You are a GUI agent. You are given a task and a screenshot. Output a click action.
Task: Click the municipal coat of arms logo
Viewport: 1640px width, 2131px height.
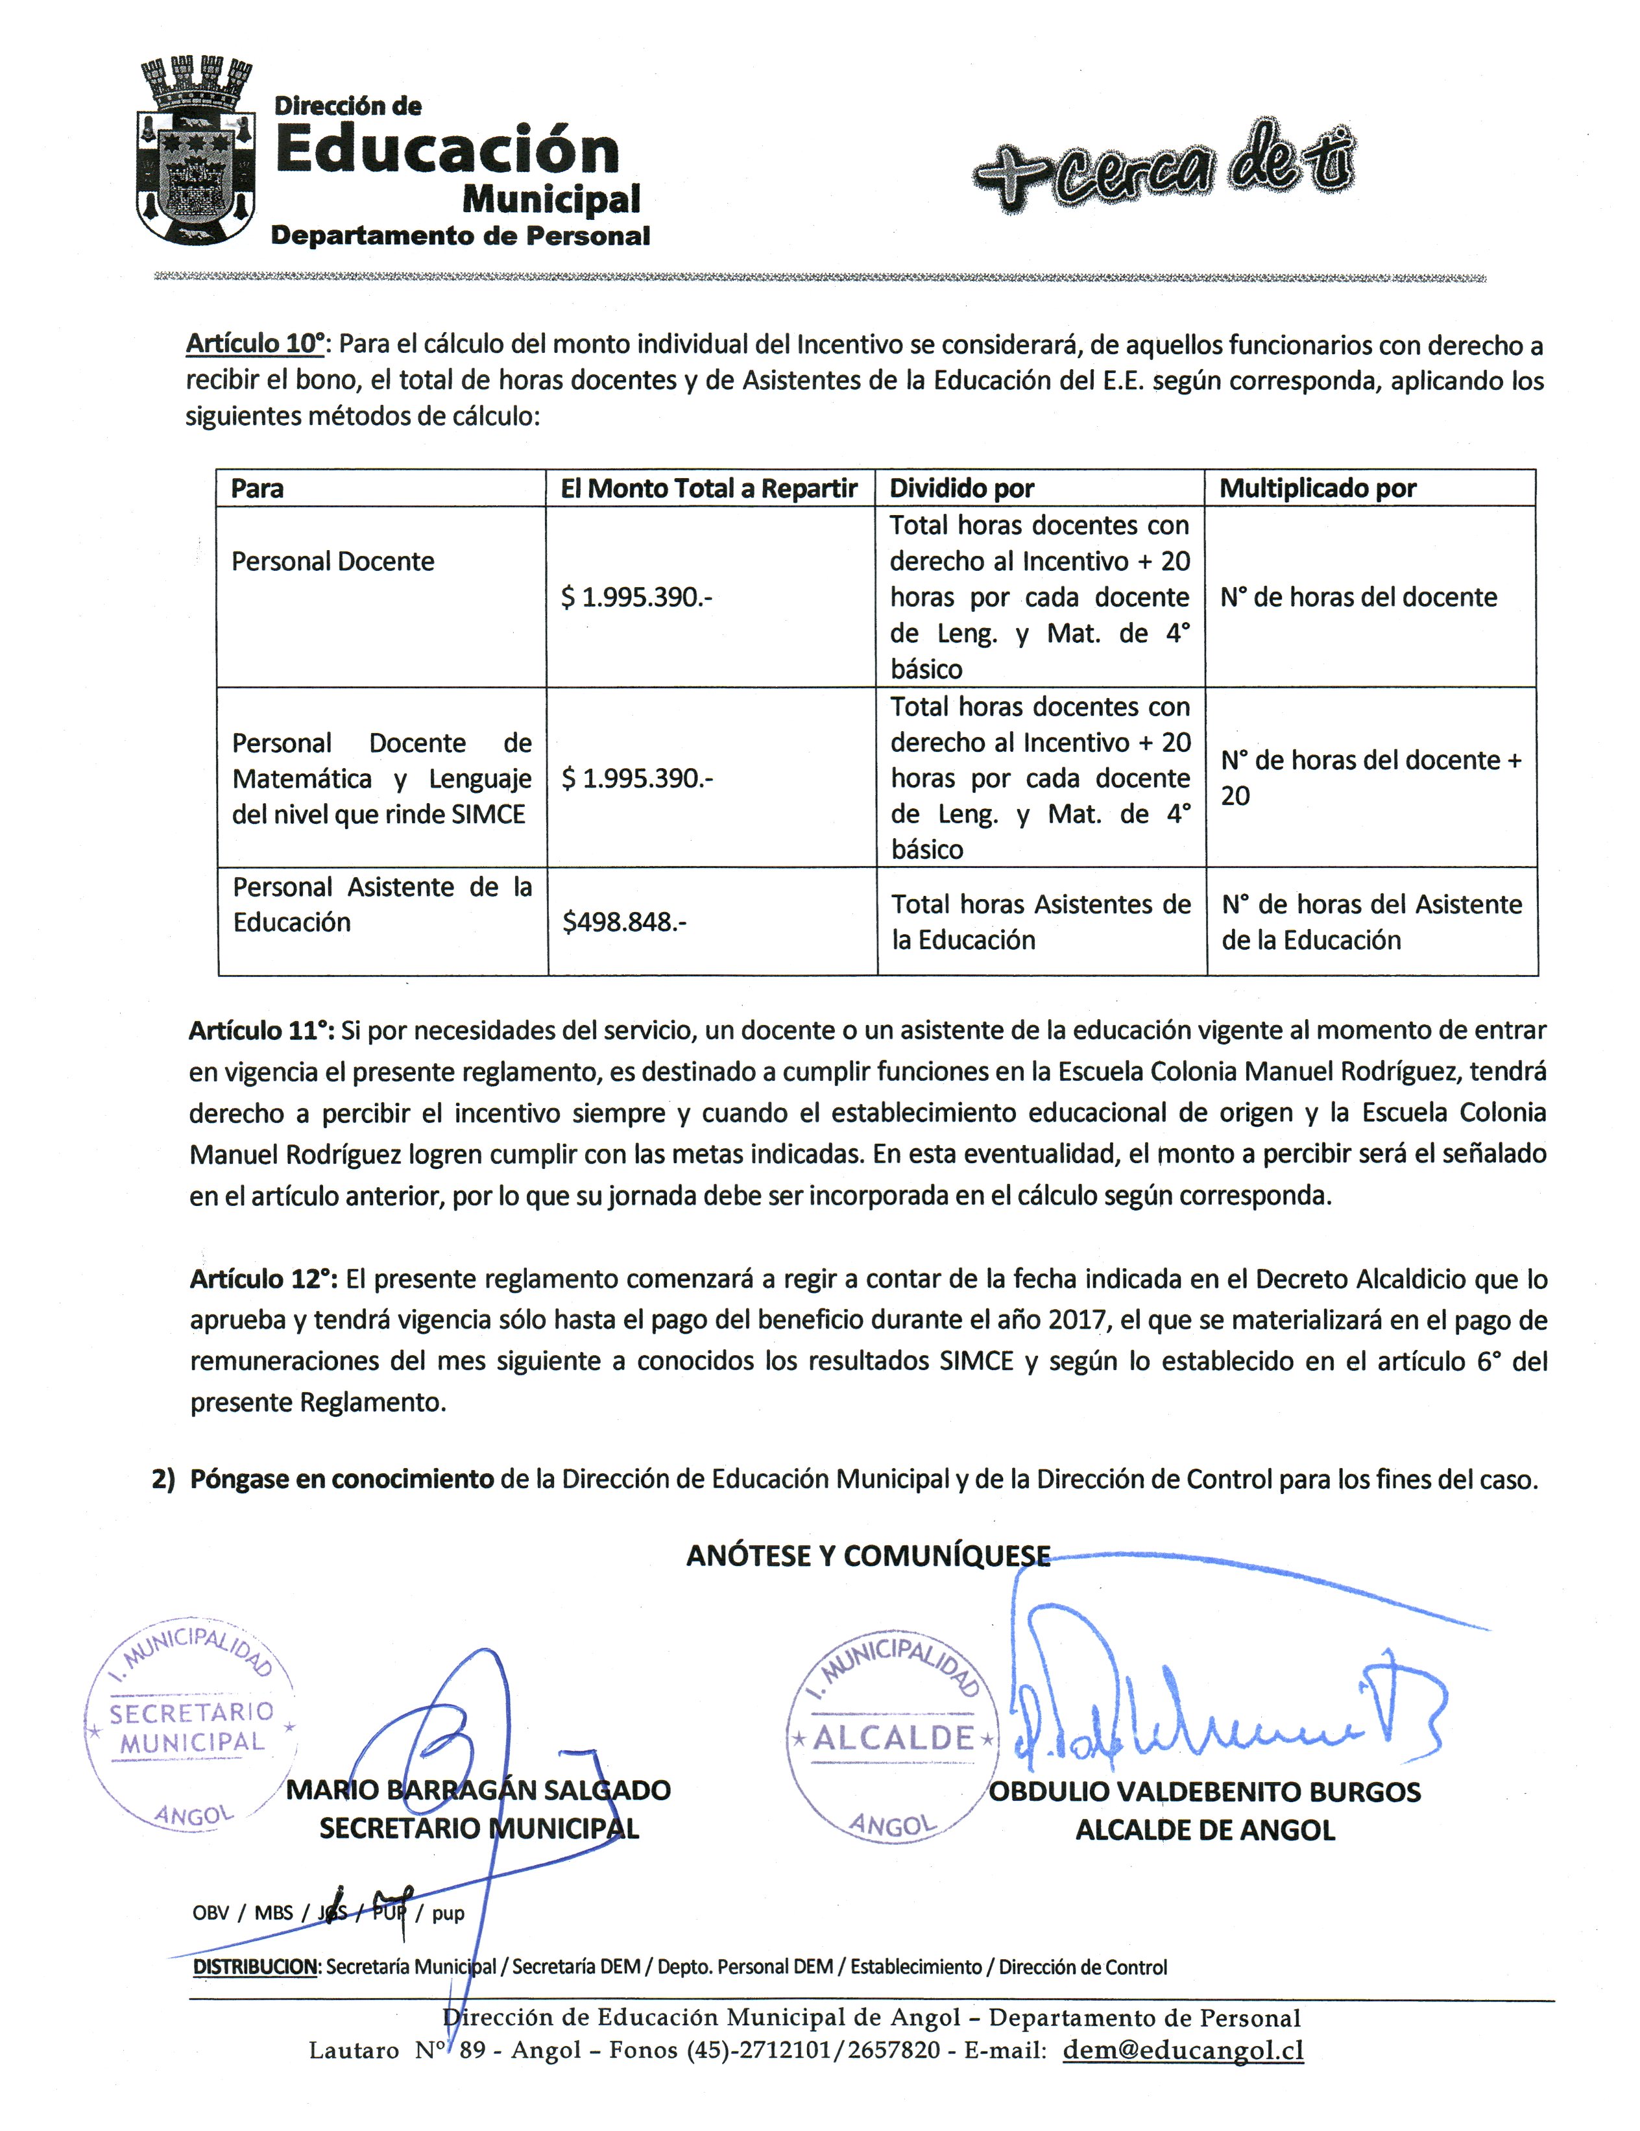coord(195,150)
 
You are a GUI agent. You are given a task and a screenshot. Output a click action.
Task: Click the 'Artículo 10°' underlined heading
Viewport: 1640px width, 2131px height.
coord(256,343)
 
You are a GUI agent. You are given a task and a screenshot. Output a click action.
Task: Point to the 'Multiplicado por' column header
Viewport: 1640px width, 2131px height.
coord(1317,488)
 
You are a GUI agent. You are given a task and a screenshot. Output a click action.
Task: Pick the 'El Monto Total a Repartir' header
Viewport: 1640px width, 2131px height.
coord(708,488)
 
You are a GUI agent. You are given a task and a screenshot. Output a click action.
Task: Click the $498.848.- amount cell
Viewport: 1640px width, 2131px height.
coord(624,921)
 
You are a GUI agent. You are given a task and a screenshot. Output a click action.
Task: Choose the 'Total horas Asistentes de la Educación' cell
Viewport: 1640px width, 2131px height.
coord(1040,921)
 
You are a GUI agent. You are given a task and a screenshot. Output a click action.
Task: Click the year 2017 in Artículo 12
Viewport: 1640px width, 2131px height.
coord(1077,1319)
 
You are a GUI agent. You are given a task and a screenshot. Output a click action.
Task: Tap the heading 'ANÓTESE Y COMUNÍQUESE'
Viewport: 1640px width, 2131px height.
coord(868,1556)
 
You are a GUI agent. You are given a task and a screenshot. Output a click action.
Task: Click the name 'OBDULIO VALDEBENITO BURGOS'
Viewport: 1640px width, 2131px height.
coord(1205,1792)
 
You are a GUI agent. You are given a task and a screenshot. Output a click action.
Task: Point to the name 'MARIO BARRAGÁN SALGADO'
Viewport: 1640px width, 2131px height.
coord(478,1790)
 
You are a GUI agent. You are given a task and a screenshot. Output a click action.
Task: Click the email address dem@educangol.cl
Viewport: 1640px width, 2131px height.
coord(1183,2050)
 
